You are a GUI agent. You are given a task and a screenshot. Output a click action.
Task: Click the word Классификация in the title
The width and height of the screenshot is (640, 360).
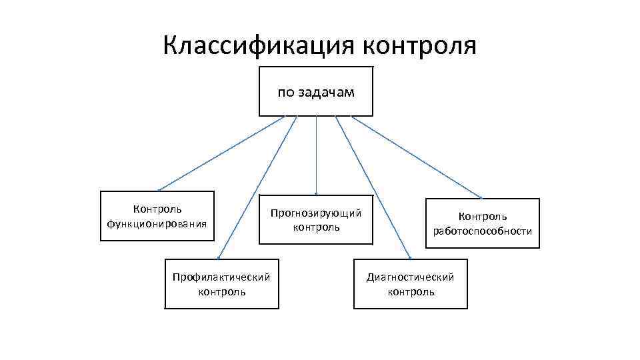pyautogui.click(x=259, y=46)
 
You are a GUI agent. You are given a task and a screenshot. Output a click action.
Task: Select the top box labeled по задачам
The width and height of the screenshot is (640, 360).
pyautogui.click(x=315, y=91)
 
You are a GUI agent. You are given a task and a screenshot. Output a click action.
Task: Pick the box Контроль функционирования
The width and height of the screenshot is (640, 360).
pyautogui.click(x=157, y=216)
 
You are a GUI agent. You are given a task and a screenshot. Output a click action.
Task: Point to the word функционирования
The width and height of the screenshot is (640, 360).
pyautogui.click(x=157, y=223)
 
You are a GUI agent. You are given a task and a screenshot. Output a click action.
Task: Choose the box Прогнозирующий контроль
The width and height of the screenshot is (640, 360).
pyautogui.click(x=315, y=220)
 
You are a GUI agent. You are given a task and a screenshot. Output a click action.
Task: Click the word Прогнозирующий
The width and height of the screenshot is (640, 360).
pyautogui.click(x=315, y=213)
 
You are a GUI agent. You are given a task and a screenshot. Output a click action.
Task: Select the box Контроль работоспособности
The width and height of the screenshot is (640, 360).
pyautogui.click(x=482, y=223)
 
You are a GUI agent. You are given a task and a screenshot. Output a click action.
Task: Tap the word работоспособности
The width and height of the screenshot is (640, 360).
pyautogui.click(x=482, y=231)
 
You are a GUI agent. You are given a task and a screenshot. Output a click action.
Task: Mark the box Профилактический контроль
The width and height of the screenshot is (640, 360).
pyautogui.click(x=221, y=283)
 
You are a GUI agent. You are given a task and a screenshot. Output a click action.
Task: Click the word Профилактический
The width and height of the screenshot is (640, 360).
pyautogui.click(x=221, y=277)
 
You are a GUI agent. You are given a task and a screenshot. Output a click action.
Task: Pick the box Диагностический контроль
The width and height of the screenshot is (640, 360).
pyautogui.click(x=410, y=283)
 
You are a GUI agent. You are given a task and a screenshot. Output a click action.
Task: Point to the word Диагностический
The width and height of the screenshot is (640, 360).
pyautogui.click(x=410, y=277)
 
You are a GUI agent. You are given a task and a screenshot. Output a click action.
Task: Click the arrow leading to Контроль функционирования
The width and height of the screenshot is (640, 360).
pyautogui.click(x=221, y=153)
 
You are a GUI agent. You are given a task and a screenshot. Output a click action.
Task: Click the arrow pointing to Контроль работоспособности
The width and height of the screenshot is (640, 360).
pyautogui.click(x=417, y=157)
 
